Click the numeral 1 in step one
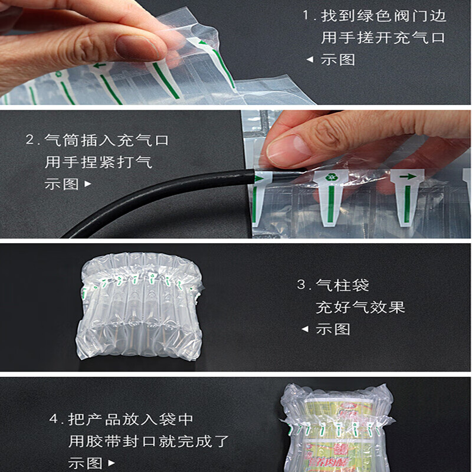click(x=306, y=16)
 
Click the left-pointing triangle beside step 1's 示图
click(x=309, y=60)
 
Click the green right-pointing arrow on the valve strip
click(x=407, y=176)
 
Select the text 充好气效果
click(x=360, y=307)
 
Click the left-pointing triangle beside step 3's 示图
click(x=305, y=329)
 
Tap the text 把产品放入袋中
click(x=130, y=419)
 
